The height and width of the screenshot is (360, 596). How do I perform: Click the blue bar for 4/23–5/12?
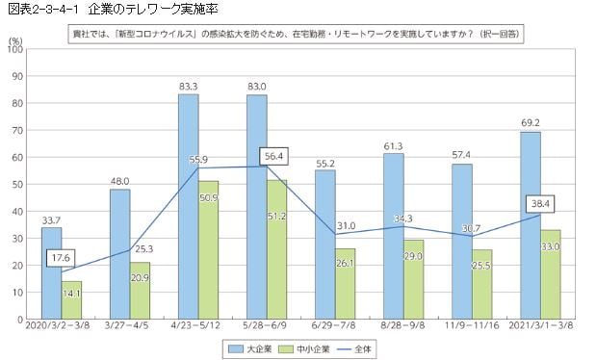(188, 206)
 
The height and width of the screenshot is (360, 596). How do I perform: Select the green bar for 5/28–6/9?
(277, 249)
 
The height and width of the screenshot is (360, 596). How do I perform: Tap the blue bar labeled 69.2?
(531, 225)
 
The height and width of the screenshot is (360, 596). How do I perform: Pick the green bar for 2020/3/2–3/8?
(71, 299)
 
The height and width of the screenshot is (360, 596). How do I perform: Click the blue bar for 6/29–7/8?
(324, 244)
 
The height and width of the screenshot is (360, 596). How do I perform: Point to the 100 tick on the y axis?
(16, 49)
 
